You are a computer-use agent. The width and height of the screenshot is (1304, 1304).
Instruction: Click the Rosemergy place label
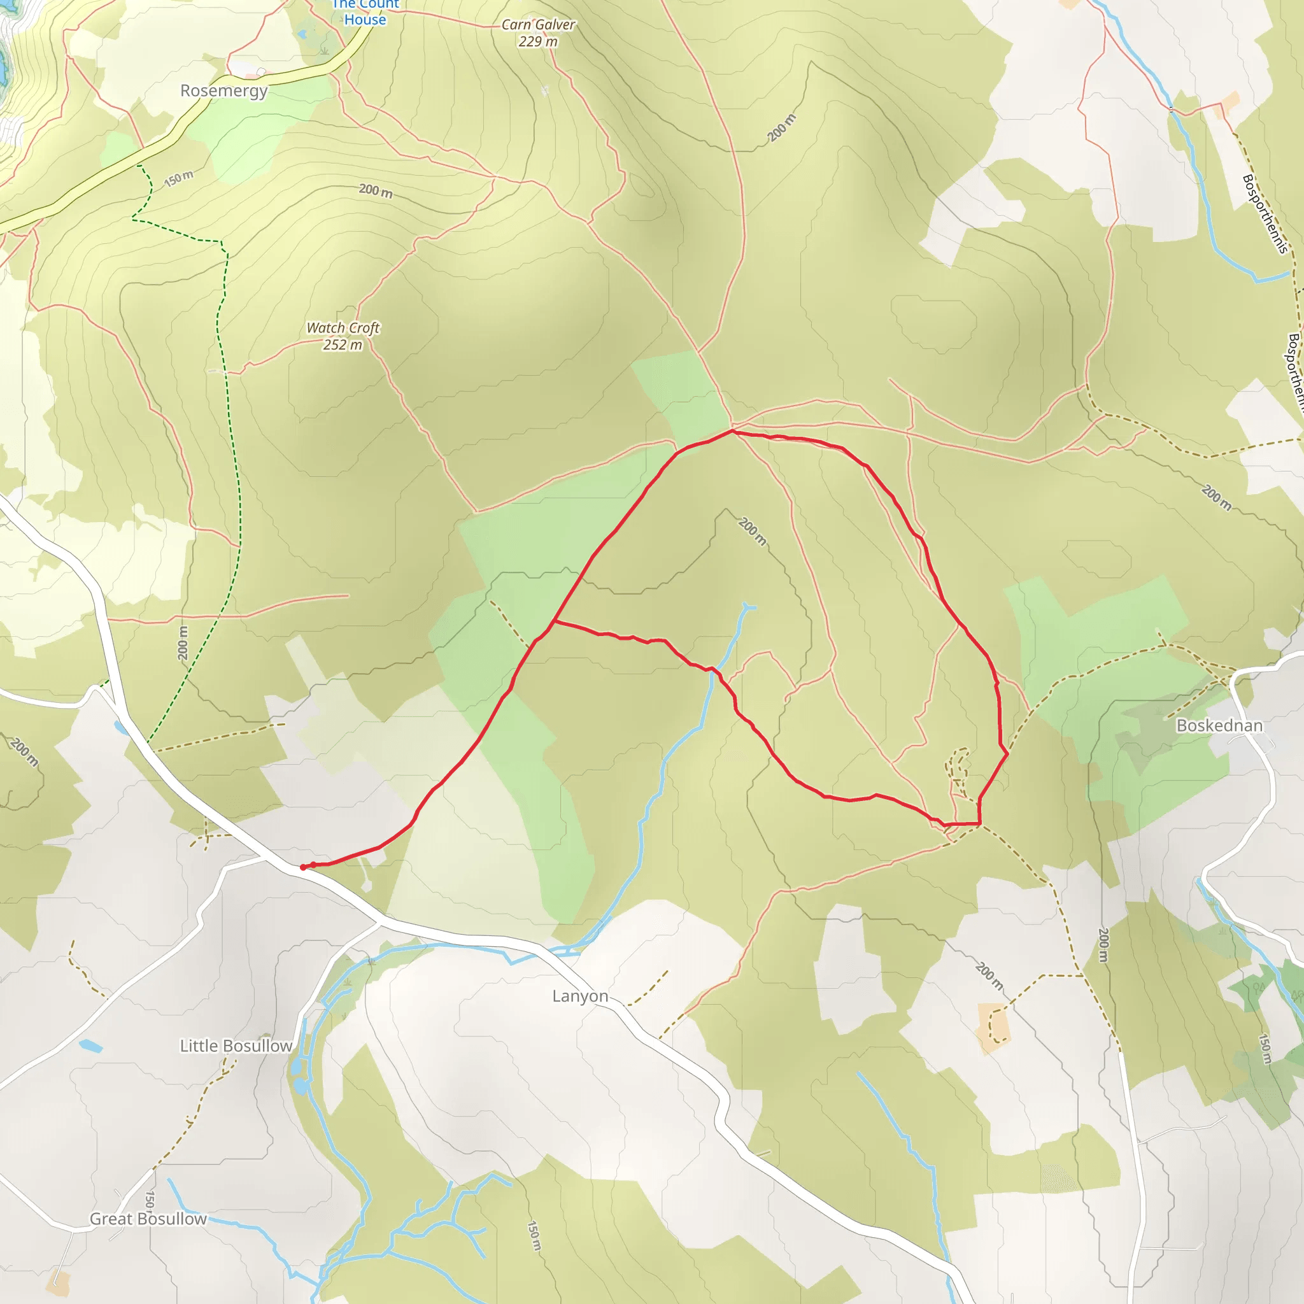(x=223, y=90)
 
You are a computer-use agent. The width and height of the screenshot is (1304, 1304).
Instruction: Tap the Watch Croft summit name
(x=343, y=328)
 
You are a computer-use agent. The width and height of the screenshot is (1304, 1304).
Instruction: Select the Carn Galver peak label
(x=538, y=25)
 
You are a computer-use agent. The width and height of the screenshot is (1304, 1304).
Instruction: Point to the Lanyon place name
(x=580, y=996)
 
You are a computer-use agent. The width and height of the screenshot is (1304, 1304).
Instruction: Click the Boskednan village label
(x=1219, y=726)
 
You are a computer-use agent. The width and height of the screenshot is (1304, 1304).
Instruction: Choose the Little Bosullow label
(x=236, y=1046)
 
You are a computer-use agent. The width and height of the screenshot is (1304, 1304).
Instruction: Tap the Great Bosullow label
(x=148, y=1219)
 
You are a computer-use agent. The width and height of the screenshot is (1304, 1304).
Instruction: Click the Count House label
(x=365, y=12)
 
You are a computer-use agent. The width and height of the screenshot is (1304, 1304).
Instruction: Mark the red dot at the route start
(x=303, y=867)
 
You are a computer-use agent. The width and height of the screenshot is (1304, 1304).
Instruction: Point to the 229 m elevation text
(x=538, y=42)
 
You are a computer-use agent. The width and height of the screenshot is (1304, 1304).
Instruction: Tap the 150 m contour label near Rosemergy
(x=178, y=179)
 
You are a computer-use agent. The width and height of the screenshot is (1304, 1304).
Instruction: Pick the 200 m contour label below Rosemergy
(x=375, y=191)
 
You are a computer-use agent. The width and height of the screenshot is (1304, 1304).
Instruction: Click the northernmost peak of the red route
(x=732, y=430)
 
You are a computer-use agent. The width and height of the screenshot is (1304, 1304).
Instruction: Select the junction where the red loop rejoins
(x=553, y=621)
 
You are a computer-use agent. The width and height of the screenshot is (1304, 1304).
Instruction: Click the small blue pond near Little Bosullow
(x=90, y=1047)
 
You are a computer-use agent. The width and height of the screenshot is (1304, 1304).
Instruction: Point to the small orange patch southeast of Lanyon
(x=993, y=1021)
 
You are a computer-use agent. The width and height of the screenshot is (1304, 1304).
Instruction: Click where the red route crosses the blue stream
(x=713, y=670)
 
